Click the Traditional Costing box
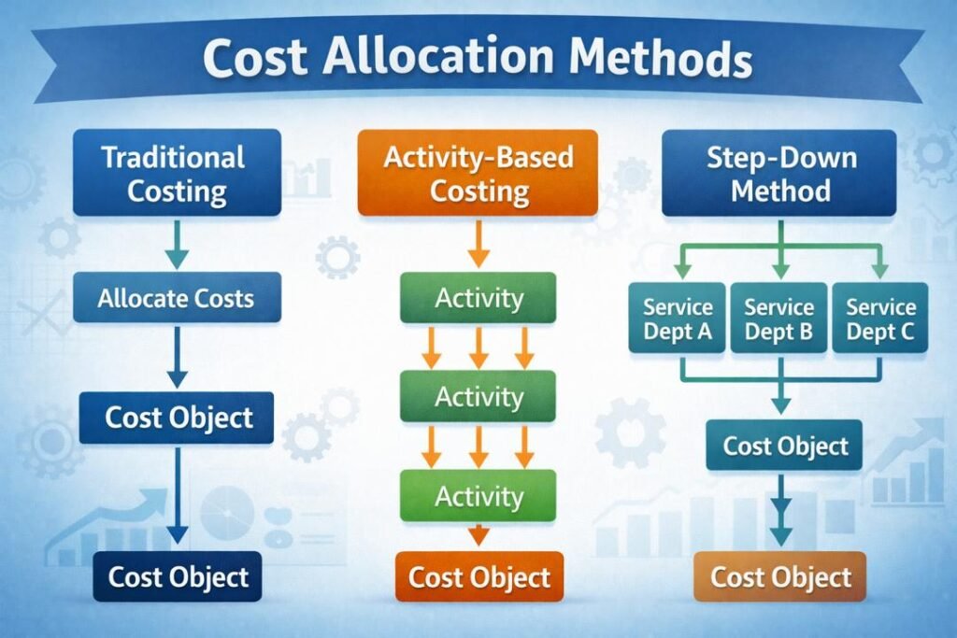[x=177, y=174]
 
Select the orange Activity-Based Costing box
[x=478, y=174]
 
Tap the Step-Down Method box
[x=779, y=174]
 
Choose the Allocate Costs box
[x=177, y=299]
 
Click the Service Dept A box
[x=678, y=319]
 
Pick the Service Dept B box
[x=778, y=319]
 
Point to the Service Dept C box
[x=879, y=319]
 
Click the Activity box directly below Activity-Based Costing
[x=478, y=299]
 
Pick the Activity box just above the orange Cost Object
[x=478, y=495]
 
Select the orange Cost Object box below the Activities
[x=479, y=576]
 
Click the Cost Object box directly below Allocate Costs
[x=177, y=417]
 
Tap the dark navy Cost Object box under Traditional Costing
[x=177, y=576]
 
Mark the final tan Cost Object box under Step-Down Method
[x=780, y=576]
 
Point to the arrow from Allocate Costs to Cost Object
[x=177, y=357]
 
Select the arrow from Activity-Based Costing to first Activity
[x=478, y=245]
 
